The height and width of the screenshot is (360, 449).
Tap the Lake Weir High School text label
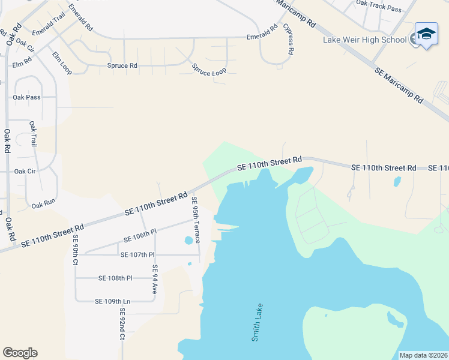[365, 40]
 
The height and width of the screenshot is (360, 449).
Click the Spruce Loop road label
[209, 70]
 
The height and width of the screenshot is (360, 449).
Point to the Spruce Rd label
[122, 65]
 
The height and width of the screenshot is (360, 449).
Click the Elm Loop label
[61, 63]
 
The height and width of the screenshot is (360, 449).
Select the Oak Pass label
[26, 97]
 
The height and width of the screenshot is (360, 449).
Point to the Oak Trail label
[33, 134]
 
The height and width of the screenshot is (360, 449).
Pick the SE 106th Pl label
[140, 235]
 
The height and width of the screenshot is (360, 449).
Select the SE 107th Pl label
[137, 255]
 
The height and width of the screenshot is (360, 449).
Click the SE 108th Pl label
[115, 278]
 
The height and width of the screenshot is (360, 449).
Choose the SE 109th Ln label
[113, 301]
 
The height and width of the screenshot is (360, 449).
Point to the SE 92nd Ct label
[122, 324]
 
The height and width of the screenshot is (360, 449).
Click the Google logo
[20, 353]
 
